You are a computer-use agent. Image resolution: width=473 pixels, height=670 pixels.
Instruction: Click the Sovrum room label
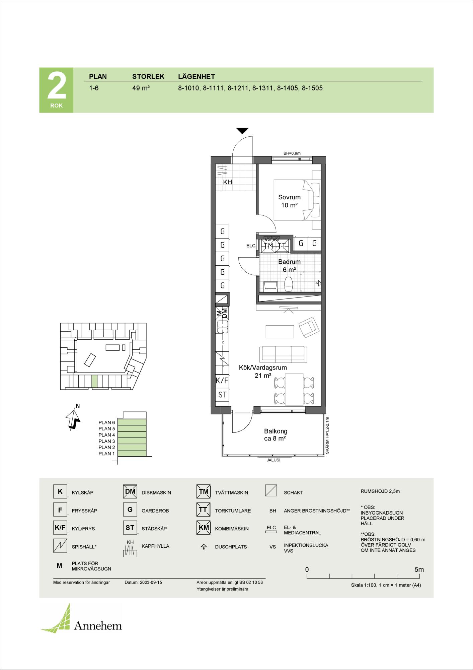click(289, 197)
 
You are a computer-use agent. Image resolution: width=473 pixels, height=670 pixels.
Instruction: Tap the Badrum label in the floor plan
click(289, 262)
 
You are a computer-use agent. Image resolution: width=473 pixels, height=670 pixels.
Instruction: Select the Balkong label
click(275, 431)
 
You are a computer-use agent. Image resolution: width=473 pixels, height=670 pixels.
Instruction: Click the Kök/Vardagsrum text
click(263, 367)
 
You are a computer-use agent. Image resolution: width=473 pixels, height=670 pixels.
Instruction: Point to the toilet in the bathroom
click(289, 284)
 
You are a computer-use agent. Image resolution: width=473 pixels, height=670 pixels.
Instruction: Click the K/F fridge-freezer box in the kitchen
click(222, 381)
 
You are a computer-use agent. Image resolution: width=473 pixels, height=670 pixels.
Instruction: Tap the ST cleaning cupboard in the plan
click(222, 395)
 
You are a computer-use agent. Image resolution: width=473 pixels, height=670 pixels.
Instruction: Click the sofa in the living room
click(283, 354)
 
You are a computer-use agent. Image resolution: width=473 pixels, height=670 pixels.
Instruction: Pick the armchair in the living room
click(308, 327)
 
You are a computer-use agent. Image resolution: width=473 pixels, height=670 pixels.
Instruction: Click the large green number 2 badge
click(56, 90)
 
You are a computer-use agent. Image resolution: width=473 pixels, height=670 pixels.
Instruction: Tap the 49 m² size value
click(141, 88)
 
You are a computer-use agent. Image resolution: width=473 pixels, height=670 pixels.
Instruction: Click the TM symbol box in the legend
click(204, 492)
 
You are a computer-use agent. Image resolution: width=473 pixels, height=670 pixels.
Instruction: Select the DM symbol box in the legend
click(130, 492)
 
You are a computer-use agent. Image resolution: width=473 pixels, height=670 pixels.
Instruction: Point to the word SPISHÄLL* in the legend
click(84, 547)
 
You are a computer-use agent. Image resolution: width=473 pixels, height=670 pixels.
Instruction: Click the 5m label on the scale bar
click(419, 569)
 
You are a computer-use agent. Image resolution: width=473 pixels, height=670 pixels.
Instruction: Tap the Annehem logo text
click(98, 625)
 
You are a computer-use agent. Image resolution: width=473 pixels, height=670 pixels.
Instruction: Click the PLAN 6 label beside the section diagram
click(106, 422)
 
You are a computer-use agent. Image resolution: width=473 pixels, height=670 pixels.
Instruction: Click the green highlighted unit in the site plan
click(95, 381)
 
